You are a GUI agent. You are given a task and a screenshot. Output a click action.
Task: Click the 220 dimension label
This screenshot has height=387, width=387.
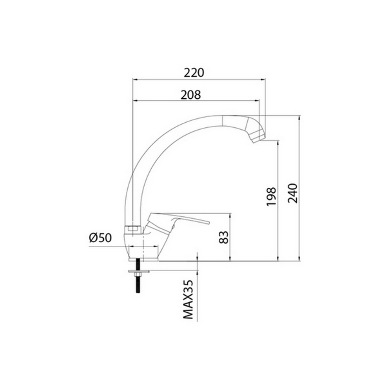[194, 72]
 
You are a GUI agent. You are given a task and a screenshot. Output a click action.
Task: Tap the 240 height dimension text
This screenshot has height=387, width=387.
[293, 192]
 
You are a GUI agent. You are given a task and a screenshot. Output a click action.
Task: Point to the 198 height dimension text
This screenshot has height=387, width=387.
[272, 197]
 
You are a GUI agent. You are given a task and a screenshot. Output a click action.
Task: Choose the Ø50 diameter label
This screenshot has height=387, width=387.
[100, 238]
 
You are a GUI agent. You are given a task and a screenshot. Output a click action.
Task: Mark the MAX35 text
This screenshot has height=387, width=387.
[188, 300]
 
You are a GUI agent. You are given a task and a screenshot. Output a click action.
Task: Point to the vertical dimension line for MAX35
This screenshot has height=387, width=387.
[198, 294]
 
